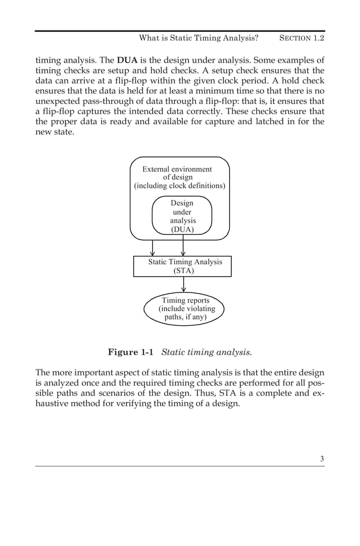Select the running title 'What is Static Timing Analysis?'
pos(199,38)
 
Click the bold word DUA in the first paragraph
pos(127,60)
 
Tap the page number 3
pos(322,458)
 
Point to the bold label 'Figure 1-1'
pos(131,352)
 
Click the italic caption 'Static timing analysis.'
pos(207,352)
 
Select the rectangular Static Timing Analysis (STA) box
pos(182,267)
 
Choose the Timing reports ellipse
pos(185,309)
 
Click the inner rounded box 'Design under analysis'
pos(182,216)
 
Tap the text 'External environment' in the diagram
pos(177,169)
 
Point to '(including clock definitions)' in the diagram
pos(179,185)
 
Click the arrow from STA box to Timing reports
pos(183,285)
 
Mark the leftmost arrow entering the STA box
pos(152,248)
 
